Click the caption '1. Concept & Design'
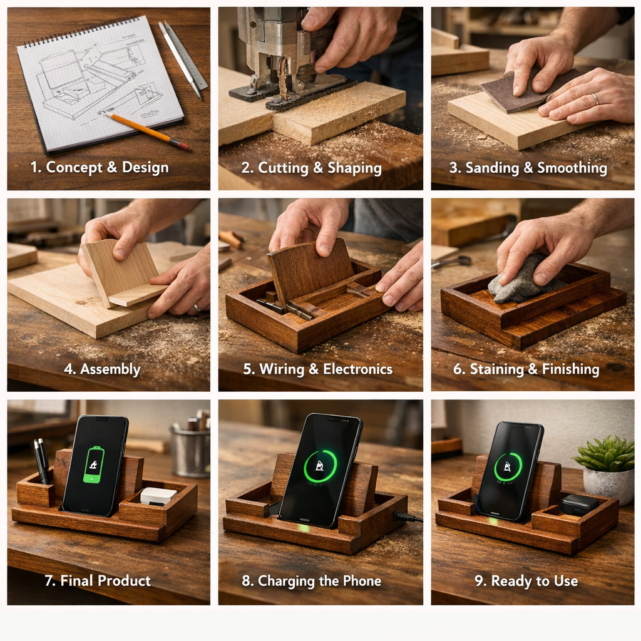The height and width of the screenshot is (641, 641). pos(100,167)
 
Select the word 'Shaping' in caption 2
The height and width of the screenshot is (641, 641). pos(354,168)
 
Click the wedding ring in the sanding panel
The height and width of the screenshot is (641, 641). pos(595,99)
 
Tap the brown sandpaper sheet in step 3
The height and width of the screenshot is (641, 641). pos(527,90)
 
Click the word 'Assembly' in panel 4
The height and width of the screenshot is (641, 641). pos(110,369)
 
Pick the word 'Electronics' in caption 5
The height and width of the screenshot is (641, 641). pos(357,369)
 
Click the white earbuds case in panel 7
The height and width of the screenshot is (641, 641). pos(158,496)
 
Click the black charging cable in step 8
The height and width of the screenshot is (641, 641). pos(408,517)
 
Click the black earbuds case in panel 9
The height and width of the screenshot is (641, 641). pos(579,505)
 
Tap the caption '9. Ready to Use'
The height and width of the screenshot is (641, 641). pos(526,581)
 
